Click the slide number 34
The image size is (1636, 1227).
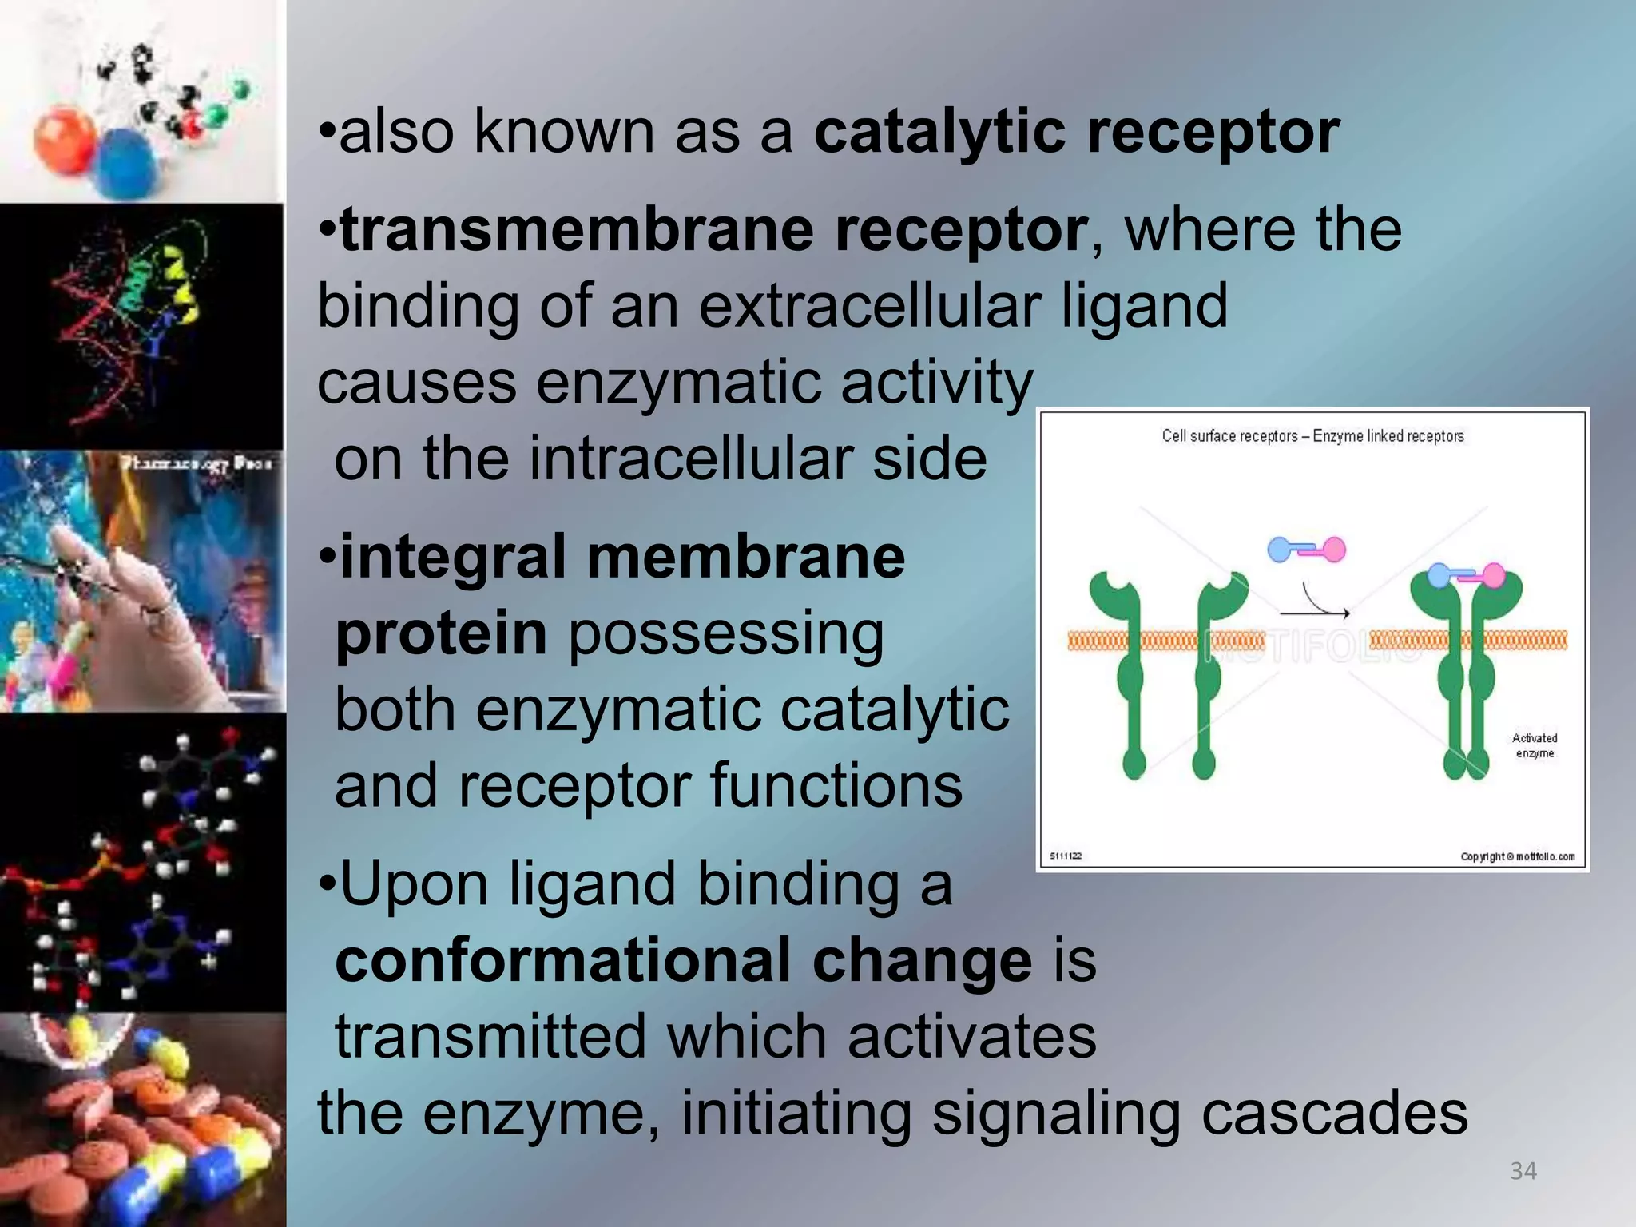tap(1523, 1171)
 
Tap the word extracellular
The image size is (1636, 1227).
tap(870, 306)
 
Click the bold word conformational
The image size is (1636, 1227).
tap(564, 961)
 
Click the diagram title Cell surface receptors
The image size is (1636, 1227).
tap(1230, 436)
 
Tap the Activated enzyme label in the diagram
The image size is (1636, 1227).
tap(1534, 745)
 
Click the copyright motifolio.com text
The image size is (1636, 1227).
tap(1517, 856)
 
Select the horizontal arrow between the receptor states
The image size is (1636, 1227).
tap(1315, 613)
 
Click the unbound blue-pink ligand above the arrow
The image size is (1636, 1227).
tap(1306, 550)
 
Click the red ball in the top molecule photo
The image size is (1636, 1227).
tap(64, 140)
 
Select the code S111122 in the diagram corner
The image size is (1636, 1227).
tap(1066, 856)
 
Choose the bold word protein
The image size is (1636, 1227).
tap(441, 633)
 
